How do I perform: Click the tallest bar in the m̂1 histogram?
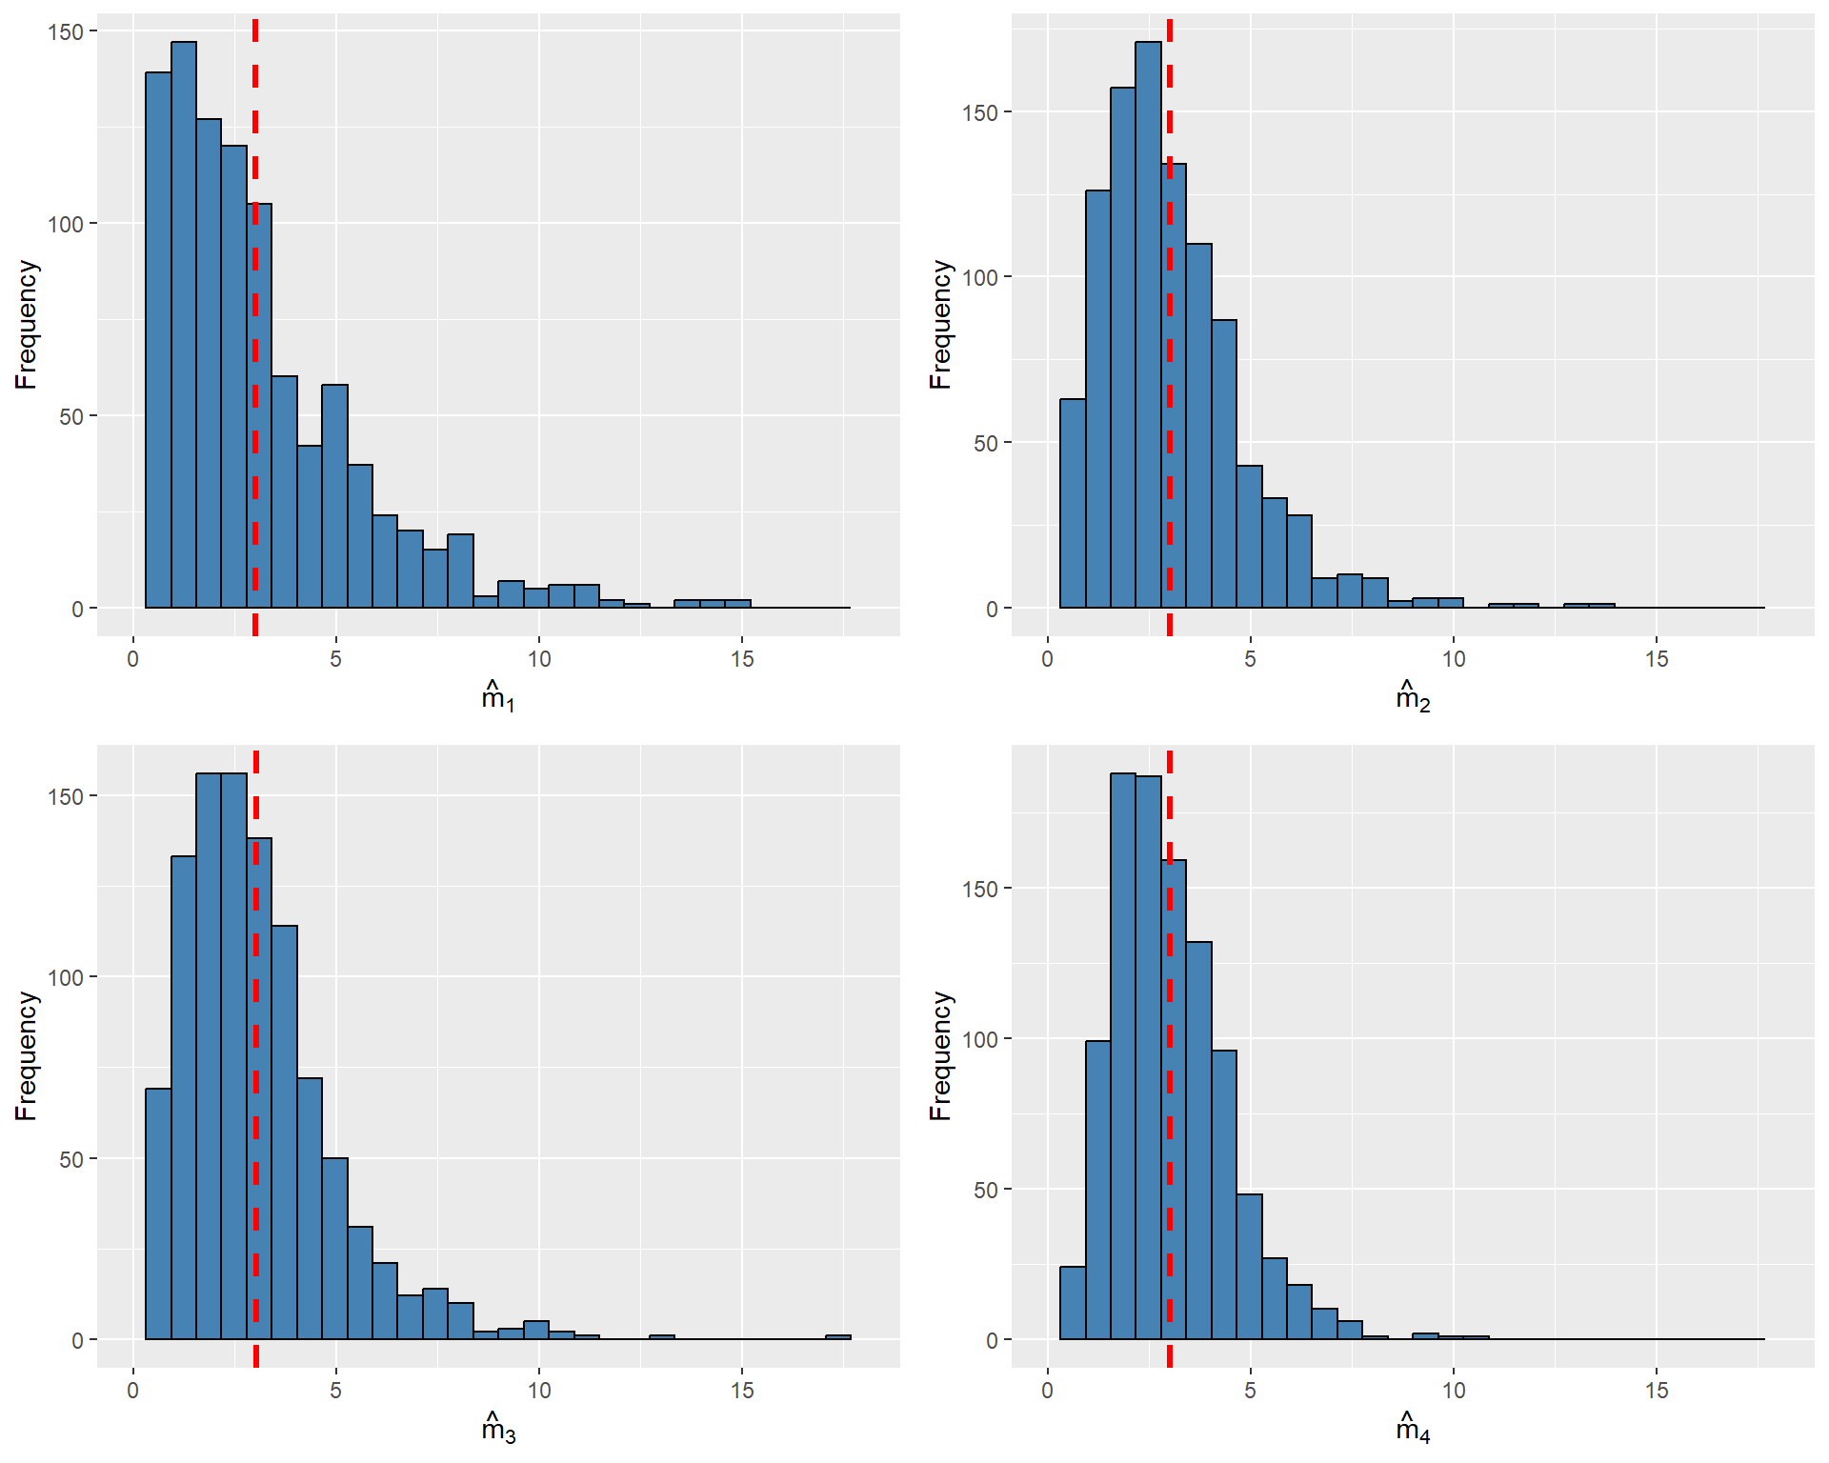[184, 324]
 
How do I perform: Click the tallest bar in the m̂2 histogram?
[1148, 324]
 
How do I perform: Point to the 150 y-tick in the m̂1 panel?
[66, 31]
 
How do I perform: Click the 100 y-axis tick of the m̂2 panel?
[980, 277]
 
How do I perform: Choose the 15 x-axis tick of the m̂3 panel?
[742, 1391]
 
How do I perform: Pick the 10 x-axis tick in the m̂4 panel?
[1453, 1391]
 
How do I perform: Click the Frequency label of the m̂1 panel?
[26, 324]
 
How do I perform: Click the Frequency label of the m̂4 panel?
[940, 1055]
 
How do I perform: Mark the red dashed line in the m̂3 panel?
[256, 952]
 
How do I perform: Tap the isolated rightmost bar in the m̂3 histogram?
[838, 1337]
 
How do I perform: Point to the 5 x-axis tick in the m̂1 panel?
[335, 659]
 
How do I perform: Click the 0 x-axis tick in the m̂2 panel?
[1047, 659]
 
